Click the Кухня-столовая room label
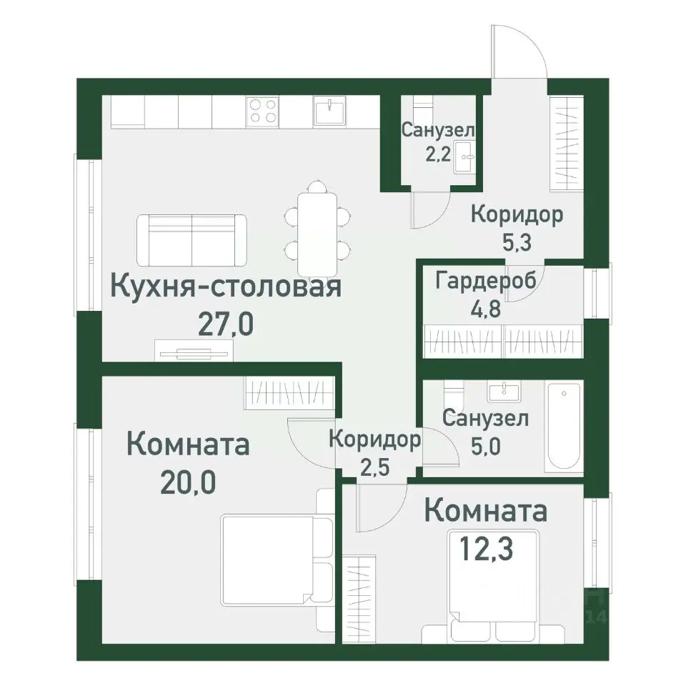[x=227, y=288]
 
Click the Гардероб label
[x=485, y=281]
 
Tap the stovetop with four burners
[x=262, y=111]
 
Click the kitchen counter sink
[x=329, y=111]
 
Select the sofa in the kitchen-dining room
[x=192, y=239]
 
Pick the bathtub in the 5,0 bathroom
[x=563, y=427]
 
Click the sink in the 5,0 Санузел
[x=506, y=392]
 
